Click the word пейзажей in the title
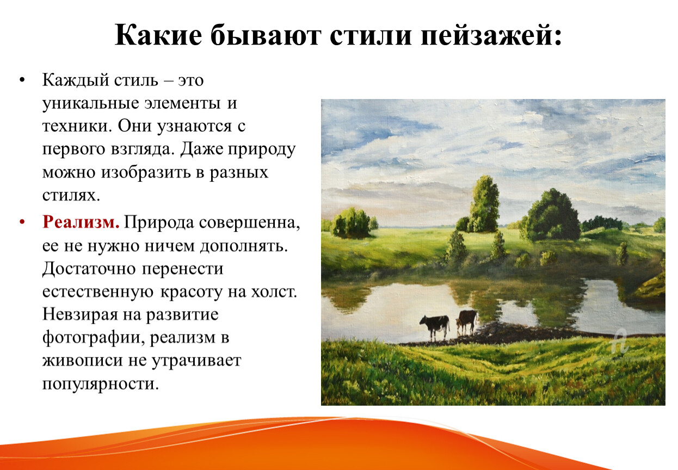[x=491, y=35]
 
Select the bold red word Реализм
[x=81, y=222]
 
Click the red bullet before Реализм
[x=22, y=222]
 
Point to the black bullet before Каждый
[x=22, y=81]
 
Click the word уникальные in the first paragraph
[x=91, y=103]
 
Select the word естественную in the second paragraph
[x=98, y=292]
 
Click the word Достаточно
[x=89, y=269]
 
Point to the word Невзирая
[x=80, y=315]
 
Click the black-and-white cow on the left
[x=435, y=326]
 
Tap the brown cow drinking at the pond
[x=467, y=321]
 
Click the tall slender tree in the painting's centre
[x=483, y=205]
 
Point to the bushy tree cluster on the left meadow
[x=352, y=222]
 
